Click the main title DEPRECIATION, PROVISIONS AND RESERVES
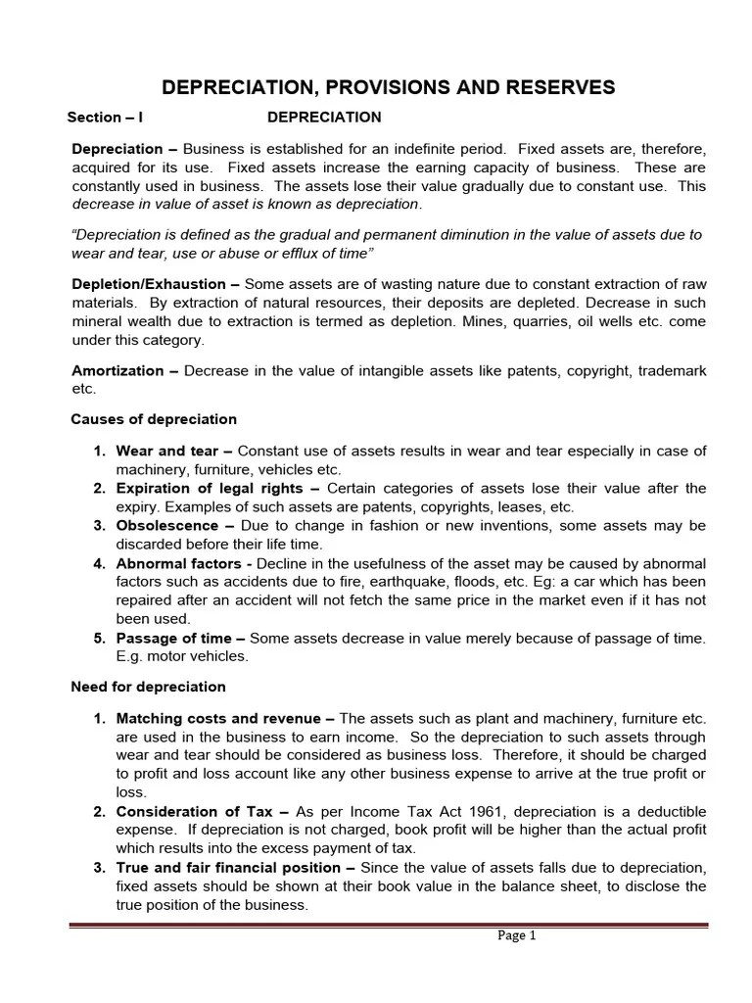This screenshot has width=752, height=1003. (x=389, y=87)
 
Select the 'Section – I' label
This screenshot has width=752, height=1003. (x=105, y=118)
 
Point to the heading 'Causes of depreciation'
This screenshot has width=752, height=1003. (x=154, y=419)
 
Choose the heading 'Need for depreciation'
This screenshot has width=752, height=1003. (x=148, y=687)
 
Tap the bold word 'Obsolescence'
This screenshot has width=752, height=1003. (x=166, y=525)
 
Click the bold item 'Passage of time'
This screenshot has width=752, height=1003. (x=173, y=638)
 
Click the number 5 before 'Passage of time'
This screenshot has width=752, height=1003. (x=99, y=638)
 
